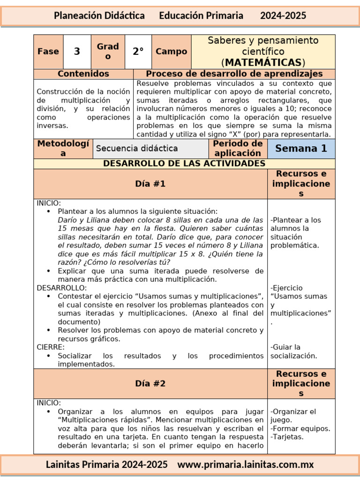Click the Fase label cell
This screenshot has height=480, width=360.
point(48,52)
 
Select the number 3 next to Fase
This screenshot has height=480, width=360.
point(77,52)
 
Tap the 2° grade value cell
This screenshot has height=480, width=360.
point(138,52)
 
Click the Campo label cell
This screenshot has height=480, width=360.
point(171,52)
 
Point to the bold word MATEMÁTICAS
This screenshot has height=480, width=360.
point(263,62)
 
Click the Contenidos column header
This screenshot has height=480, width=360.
point(83,74)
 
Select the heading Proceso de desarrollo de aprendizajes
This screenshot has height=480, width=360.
point(234,74)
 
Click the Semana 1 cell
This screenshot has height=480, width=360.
point(301,149)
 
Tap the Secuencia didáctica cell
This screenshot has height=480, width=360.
point(137,149)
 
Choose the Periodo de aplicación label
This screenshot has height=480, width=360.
point(238,148)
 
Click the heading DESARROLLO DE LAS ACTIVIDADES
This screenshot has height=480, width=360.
point(184,164)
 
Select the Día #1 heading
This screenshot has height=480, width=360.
point(150,184)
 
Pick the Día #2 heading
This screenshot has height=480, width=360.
point(150,383)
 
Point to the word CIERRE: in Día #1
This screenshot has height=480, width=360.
point(51,347)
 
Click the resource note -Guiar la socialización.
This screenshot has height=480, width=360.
point(293,352)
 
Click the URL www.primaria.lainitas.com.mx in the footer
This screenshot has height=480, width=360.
point(246,465)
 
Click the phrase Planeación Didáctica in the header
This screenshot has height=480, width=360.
point(99,15)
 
